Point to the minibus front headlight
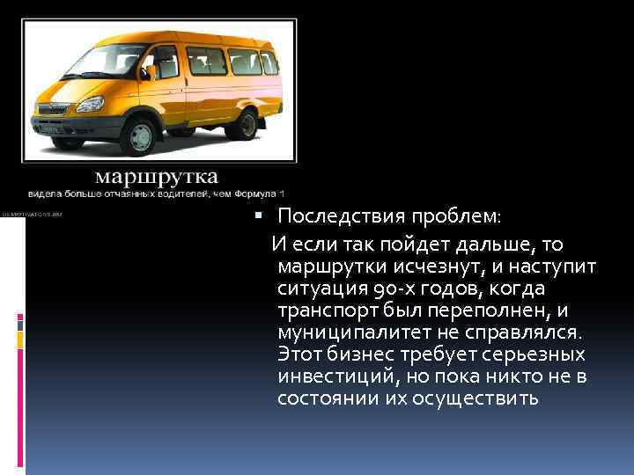pos(90,104)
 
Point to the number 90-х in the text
pos(387,289)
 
